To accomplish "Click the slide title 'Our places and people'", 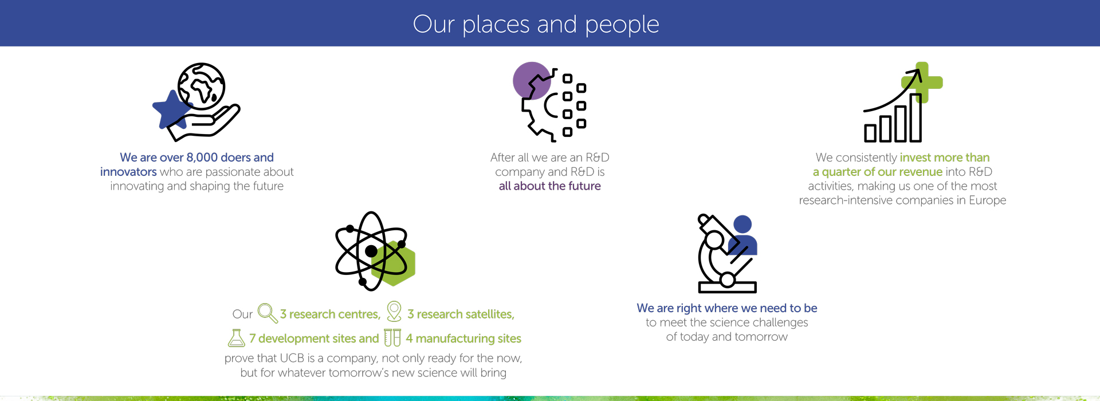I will [536, 24].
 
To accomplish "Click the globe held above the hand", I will [201, 86].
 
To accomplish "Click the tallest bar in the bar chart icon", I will [915, 118].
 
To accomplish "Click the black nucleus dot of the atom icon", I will [371, 251].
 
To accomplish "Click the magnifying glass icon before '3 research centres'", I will [267, 313].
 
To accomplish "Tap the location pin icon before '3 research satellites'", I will [394, 311].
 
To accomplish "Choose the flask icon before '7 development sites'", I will [236, 338].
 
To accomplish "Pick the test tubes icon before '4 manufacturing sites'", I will [392, 337].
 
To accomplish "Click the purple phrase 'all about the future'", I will [549, 186].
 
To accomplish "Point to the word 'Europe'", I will [987, 200].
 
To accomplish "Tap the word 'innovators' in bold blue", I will [128, 172].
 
